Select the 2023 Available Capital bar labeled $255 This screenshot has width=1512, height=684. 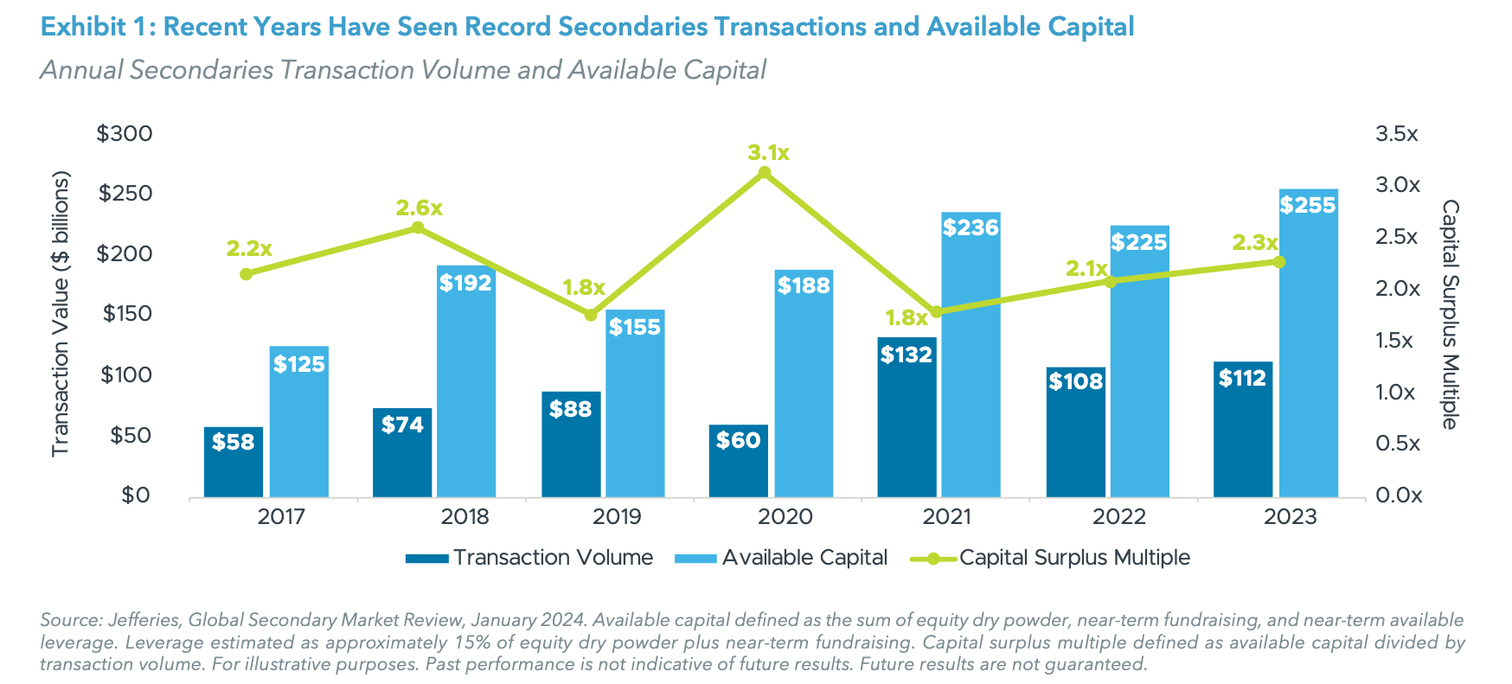[x=1308, y=346]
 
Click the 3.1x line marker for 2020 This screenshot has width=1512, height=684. [x=764, y=173]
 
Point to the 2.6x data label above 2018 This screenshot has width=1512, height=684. [x=419, y=208]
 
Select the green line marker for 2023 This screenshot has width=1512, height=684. [x=1279, y=262]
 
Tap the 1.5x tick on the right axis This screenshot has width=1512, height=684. [x=1394, y=340]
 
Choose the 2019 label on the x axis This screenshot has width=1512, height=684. [x=617, y=517]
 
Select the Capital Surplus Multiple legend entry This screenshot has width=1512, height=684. [x=1073, y=558]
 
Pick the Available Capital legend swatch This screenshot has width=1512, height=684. [x=696, y=559]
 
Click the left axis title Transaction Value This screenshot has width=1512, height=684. [x=60, y=314]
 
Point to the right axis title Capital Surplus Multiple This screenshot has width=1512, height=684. [x=1451, y=314]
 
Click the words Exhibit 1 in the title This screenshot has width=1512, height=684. [x=93, y=27]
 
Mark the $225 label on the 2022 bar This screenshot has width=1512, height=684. [x=1138, y=242]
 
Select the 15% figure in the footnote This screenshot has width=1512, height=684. [x=465, y=642]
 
